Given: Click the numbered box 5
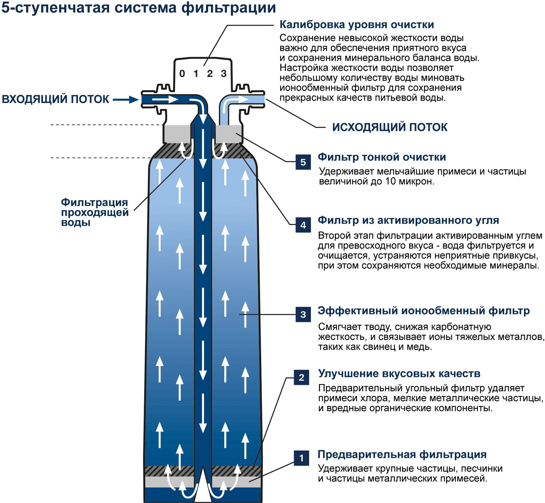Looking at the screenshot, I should click(303, 162).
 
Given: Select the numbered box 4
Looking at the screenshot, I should click(303, 225).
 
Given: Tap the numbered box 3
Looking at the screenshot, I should click(303, 315).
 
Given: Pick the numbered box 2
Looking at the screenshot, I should click(301, 377).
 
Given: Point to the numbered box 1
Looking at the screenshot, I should click(301, 458).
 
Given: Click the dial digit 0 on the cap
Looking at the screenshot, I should click(182, 73).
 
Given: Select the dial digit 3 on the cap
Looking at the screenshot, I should click(224, 73).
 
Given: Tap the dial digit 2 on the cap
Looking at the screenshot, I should click(210, 73).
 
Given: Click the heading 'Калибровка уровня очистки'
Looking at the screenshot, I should click(357, 25).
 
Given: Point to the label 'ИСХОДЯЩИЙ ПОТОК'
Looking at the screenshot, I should click(390, 127).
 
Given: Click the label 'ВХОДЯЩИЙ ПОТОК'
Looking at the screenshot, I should click(55, 99).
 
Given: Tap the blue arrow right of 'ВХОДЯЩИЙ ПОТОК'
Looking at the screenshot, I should click(126, 100).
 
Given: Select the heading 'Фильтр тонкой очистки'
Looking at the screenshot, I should click(382, 157).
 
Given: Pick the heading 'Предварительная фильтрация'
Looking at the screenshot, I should click(402, 454).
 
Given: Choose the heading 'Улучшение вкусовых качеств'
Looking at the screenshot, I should click(399, 374).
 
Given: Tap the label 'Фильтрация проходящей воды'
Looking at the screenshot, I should click(95, 212).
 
